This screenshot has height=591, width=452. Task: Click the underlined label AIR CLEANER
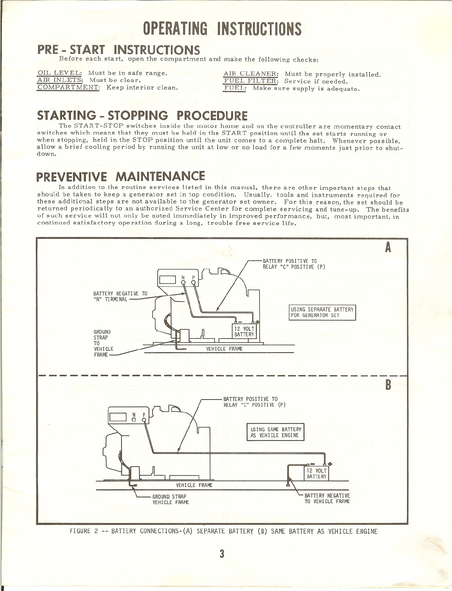pyautogui.click(x=251, y=74)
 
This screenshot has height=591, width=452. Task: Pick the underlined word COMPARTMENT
pyautogui.click(x=68, y=88)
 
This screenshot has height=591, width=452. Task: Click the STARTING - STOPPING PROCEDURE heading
pyautogui.click(x=143, y=116)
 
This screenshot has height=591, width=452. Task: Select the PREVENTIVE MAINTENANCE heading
pyautogui.click(x=121, y=176)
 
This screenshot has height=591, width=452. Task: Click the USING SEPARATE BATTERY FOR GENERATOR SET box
pyautogui.click(x=322, y=312)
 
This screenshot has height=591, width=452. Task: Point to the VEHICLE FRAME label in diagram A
pyautogui.click(x=225, y=349)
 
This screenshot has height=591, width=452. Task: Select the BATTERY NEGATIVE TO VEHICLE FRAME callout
pyautogui.click(x=327, y=498)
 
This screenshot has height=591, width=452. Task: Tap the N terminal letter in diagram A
pyautogui.click(x=183, y=278)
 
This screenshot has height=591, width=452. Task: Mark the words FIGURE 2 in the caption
pyautogui.click(x=84, y=531)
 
